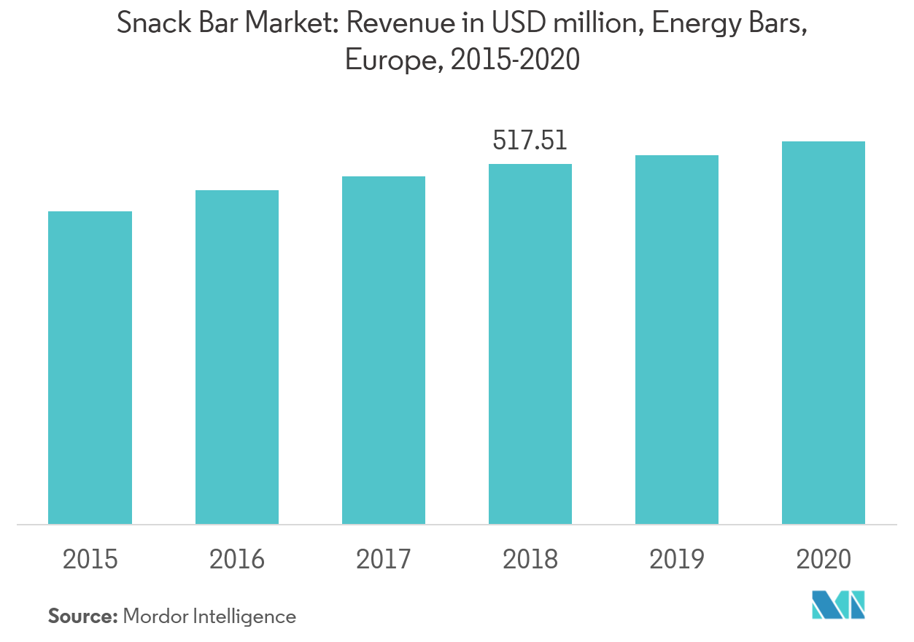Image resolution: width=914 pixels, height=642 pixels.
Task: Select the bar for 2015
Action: tap(90, 367)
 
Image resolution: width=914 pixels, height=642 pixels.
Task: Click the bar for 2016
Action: tap(236, 357)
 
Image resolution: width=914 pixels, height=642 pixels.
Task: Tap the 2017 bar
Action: tap(383, 350)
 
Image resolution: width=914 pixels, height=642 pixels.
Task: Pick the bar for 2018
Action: tap(530, 344)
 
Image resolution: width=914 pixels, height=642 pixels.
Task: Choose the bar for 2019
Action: tap(676, 340)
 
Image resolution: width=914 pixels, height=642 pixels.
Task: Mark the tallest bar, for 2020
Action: tap(823, 332)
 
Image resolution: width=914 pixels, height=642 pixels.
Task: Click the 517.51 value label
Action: tap(530, 141)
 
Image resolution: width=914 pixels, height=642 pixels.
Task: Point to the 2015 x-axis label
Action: tap(90, 560)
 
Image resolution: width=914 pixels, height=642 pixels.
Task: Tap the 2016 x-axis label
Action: tap(236, 560)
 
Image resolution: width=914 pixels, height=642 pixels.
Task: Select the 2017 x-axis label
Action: tap(383, 560)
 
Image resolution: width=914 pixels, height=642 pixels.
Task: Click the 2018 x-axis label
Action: tap(530, 560)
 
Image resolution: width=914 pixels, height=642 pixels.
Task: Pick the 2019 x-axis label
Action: tap(676, 560)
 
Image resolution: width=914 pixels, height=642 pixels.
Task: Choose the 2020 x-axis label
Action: tap(823, 560)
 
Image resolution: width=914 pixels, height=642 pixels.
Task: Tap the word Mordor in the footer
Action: tap(155, 616)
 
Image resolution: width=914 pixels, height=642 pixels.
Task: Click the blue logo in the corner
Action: tap(838, 604)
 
